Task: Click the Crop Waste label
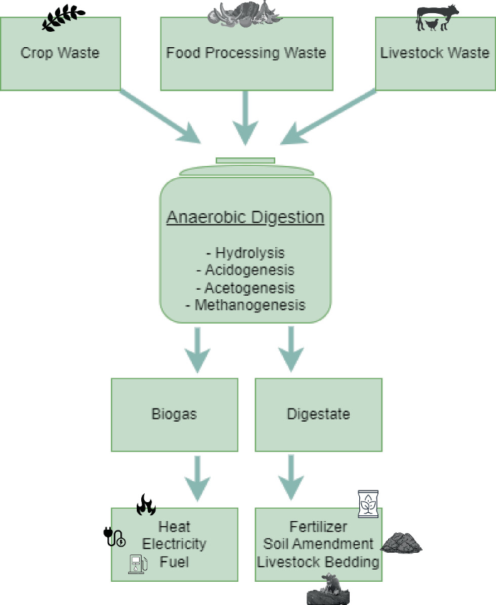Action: pos(60,53)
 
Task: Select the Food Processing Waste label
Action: pos(246,53)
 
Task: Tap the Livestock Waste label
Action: pos(434,53)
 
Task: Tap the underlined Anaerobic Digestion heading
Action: pos(245,218)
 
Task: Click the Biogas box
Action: pos(175,414)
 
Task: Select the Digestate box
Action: pos(319,414)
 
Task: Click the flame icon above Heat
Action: pos(146,504)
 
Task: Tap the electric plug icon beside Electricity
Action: pos(114,538)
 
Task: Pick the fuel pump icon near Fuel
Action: pos(136,564)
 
